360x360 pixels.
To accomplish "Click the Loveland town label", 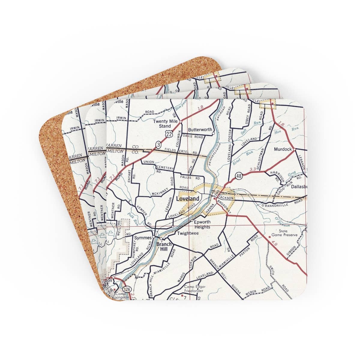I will point(187,199).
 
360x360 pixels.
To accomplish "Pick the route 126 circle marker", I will point(127,289).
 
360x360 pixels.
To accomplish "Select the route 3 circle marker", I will point(158,145).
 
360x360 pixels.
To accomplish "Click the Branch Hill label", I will point(164,246).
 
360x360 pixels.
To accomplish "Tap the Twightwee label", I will point(188,233).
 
